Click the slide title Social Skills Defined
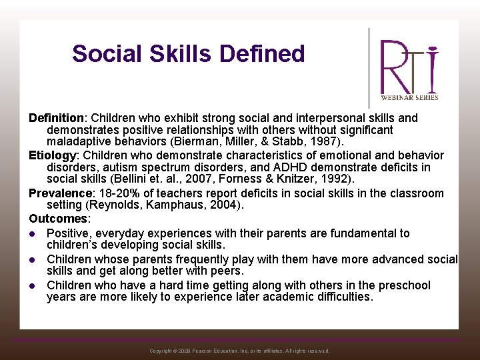pos(188,53)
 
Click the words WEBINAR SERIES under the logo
pos(409,98)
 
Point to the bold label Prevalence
pos(61,193)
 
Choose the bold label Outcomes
pos(57,219)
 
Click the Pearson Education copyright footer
pos(239,351)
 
